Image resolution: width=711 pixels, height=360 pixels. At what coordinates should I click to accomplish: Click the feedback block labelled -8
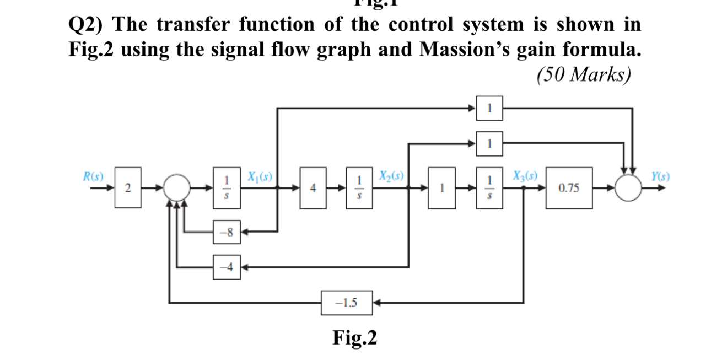pyautogui.click(x=227, y=233)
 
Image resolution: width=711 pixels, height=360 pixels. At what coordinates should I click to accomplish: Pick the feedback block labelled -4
pyautogui.click(x=227, y=268)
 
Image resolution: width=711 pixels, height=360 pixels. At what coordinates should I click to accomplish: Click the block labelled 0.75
pyautogui.click(x=569, y=189)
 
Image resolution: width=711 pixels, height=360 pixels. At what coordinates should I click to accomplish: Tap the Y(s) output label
pyautogui.click(x=659, y=176)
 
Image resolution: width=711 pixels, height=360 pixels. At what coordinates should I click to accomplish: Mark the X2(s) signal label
pyautogui.click(x=391, y=176)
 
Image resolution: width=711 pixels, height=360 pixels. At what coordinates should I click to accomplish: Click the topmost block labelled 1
pyautogui.click(x=489, y=108)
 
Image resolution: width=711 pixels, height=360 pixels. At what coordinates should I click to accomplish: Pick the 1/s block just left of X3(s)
pyautogui.click(x=489, y=189)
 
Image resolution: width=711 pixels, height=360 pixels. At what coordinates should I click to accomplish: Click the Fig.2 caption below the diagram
pyautogui.click(x=355, y=337)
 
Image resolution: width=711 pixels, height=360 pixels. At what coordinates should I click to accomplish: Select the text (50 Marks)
pyautogui.click(x=583, y=74)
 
